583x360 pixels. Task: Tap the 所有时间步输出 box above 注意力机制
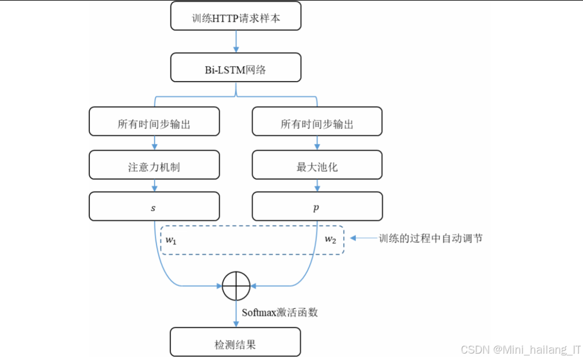click(154, 122)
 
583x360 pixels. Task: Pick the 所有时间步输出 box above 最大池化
click(317, 122)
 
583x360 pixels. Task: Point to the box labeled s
click(154, 207)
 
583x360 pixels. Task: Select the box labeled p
click(317, 207)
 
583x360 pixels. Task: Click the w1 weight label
click(170, 239)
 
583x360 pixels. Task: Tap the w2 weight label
click(330, 239)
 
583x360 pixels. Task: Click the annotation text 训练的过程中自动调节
click(430, 238)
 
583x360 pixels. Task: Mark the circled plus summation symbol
click(236, 286)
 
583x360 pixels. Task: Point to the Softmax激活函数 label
click(280, 312)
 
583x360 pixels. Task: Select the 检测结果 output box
click(236, 342)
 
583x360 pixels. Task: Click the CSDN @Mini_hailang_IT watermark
click(520, 349)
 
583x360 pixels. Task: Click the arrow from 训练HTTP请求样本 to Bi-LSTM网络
click(236, 41)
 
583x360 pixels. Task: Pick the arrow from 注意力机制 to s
click(154, 186)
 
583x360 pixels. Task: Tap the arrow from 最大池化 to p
click(317, 186)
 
